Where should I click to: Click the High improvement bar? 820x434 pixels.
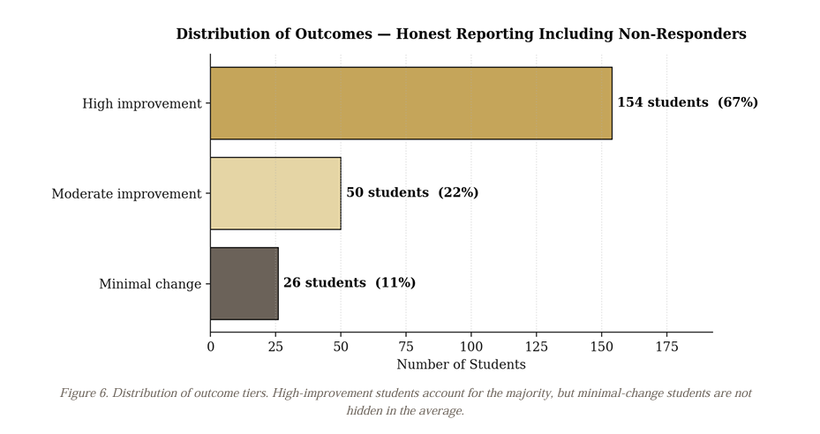click(410, 103)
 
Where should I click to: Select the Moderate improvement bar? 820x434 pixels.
click(275, 193)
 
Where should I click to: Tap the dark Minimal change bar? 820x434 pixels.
click(244, 283)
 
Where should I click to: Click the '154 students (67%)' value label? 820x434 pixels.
click(687, 102)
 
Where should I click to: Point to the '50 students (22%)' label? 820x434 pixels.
click(411, 192)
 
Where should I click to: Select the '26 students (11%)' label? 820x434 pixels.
click(349, 283)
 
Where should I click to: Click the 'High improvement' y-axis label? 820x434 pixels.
click(141, 104)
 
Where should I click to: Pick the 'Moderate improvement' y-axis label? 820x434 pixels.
click(126, 194)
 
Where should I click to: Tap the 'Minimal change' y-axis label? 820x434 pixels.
click(149, 284)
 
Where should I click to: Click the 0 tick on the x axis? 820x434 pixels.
click(210, 348)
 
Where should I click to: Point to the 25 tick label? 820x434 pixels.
click(275, 348)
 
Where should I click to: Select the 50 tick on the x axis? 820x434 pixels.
click(341, 348)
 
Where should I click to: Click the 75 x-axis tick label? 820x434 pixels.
click(406, 348)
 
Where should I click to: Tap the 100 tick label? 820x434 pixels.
click(470, 348)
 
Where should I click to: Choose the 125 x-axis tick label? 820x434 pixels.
click(536, 348)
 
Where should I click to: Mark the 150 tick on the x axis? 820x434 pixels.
click(601, 348)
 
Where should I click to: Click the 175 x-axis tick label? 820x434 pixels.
click(666, 348)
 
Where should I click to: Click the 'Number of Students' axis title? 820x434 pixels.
click(461, 365)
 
